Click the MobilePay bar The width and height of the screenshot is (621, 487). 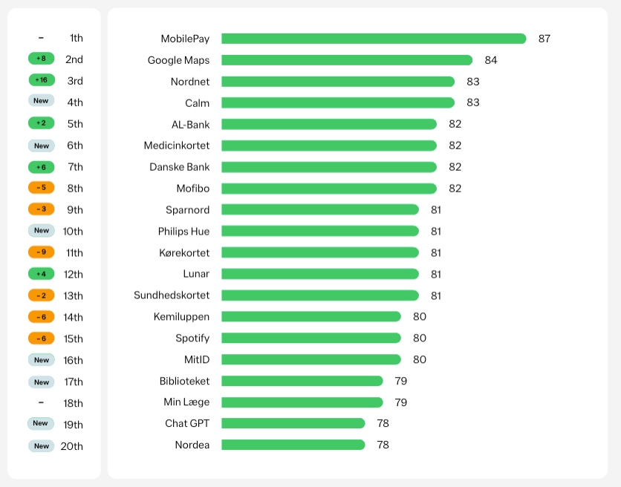[x=374, y=39]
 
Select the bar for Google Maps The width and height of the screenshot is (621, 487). [x=347, y=60]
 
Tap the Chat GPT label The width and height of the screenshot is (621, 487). [x=187, y=423]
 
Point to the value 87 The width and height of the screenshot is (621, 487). [x=544, y=39]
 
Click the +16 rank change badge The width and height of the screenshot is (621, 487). [x=42, y=80]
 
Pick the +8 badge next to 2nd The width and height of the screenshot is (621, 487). [x=42, y=59]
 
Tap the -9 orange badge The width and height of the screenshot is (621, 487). [x=42, y=252]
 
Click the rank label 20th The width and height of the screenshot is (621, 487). [x=72, y=446]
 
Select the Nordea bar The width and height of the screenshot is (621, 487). [x=293, y=445]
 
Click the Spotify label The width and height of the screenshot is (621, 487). [x=192, y=338]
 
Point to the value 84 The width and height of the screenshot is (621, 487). [x=491, y=60]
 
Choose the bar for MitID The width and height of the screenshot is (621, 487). [x=311, y=359]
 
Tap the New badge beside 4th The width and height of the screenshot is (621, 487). [x=42, y=101]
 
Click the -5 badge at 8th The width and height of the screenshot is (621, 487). [x=42, y=188]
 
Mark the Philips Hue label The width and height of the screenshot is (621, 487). [x=183, y=231]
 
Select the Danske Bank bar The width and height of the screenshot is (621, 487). [x=329, y=167]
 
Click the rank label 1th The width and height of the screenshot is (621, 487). [x=77, y=38]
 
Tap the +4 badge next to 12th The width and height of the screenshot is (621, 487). [x=42, y=274]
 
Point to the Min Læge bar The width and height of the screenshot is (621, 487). [x=302, y=402]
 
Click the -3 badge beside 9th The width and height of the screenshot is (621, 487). [x=42, y=209]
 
